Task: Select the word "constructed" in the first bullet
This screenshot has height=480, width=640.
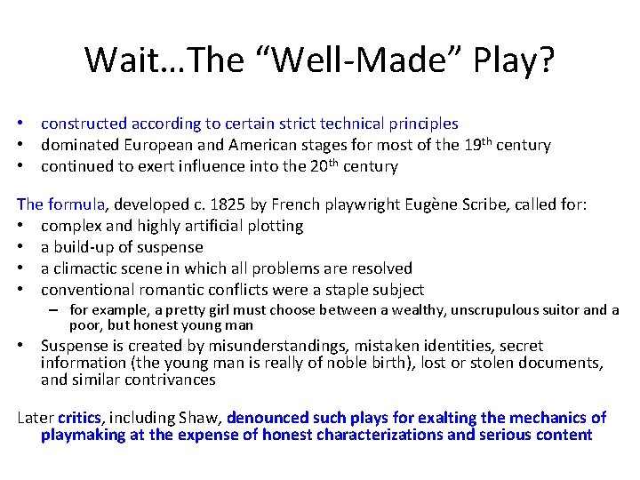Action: pyautogui.click(x=84, y=124)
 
